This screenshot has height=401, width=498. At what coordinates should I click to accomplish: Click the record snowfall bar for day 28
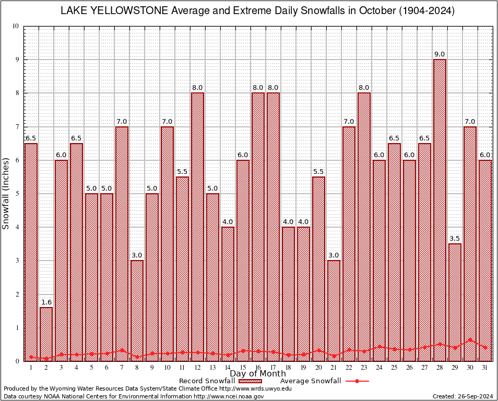point(440,209)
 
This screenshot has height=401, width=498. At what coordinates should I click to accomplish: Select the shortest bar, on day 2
point(46,334)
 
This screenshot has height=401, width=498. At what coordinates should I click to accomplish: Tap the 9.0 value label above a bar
point(440,54)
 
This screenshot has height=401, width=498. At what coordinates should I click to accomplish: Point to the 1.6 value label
point(46,302)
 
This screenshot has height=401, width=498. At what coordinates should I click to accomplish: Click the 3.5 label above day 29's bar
point(455,239)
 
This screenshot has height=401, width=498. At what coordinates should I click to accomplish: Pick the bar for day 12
point(197,225)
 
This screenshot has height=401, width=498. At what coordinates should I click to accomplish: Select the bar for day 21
point(334,308)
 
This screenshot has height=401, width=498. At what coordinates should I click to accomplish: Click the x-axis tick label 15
point(243,368)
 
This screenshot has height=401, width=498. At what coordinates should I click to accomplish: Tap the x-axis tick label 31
point(485,368)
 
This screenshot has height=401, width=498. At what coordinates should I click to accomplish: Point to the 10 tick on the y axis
point(16,26)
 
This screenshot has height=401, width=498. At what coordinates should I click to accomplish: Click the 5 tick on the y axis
point(17,194)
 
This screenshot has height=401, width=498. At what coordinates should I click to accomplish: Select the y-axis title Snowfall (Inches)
point(6,194)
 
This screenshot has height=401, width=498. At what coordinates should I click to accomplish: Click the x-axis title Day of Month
point(258,374)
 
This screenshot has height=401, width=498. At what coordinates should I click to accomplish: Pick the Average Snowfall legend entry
point(311,381)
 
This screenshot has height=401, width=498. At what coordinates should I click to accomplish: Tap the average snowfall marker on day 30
point(470,339)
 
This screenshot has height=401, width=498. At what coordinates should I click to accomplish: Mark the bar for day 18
point(288,292)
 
